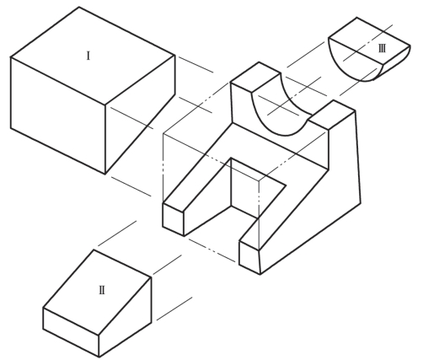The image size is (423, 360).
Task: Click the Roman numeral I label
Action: (88, 56)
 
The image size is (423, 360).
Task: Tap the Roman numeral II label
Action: (102, 290)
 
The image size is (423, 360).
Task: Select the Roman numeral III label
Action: (382, 49)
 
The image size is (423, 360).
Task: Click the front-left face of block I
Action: (58, 116)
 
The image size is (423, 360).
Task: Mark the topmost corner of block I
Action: (79, 7)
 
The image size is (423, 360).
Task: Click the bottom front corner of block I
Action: (105, 175)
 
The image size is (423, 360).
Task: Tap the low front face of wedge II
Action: (71, 332)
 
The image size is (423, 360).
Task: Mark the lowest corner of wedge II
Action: (99, 357)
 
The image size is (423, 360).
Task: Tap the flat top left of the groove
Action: (255, 77)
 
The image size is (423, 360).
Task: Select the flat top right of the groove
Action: (332, 115)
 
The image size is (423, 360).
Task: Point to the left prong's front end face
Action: (173, 219)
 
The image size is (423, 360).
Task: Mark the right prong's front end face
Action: (249, 257)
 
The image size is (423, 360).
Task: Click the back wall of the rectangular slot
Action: (244, 188)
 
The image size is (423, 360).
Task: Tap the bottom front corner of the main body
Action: (260, 274)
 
